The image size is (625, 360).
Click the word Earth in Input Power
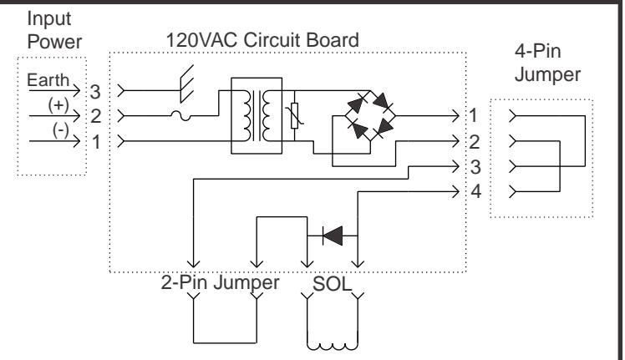(48, 80)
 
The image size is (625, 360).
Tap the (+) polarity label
(58, 105)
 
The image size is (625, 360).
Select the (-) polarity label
(61, 130)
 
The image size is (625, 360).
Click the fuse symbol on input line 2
(180, 115)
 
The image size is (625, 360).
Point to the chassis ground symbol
(187, 84)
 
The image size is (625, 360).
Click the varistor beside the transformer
(295, 115)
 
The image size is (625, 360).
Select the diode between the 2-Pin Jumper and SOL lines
(333, 236)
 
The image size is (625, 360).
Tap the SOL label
(332, 284)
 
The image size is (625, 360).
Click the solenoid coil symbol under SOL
(333, 345)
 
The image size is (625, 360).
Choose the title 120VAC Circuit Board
(262, 40)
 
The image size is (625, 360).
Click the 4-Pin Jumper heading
(547, 63)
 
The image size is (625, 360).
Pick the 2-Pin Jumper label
(220, 282)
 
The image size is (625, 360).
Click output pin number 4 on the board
(476, 192)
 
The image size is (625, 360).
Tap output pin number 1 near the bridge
(473, 115)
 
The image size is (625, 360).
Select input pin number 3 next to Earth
(95, 92)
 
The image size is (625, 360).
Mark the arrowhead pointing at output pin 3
(455, 166)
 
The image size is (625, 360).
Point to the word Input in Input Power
(49, 19)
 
